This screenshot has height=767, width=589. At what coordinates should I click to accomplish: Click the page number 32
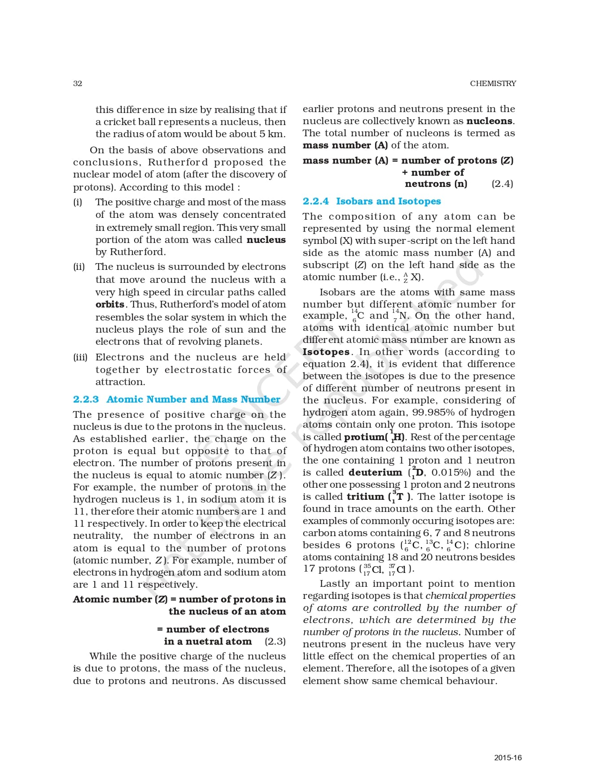coord(78,83)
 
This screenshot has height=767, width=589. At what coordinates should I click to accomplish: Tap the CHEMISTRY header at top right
coord(493,83)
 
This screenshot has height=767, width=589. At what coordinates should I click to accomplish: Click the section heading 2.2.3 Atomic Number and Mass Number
coord(176,399)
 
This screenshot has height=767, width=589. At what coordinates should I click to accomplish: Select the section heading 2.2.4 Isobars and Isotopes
coord(371,201)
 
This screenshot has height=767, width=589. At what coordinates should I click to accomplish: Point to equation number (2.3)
coord(275,641)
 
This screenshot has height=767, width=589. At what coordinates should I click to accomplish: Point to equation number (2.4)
coord(502,184)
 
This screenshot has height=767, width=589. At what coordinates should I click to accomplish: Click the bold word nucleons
coord(490,121)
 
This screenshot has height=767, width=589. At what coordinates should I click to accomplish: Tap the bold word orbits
coord(110,304)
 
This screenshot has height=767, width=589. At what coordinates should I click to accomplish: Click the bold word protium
coord(364,437)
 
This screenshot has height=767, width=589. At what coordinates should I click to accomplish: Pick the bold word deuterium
coord(375,472)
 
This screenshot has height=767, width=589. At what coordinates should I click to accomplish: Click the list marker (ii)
coord(79,267)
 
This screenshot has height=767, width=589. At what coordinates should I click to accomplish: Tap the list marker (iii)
coord(80,358)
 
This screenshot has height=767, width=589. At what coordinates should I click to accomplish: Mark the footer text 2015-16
coord(508,758)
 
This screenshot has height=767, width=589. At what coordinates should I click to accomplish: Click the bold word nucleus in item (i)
coord(266,240)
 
